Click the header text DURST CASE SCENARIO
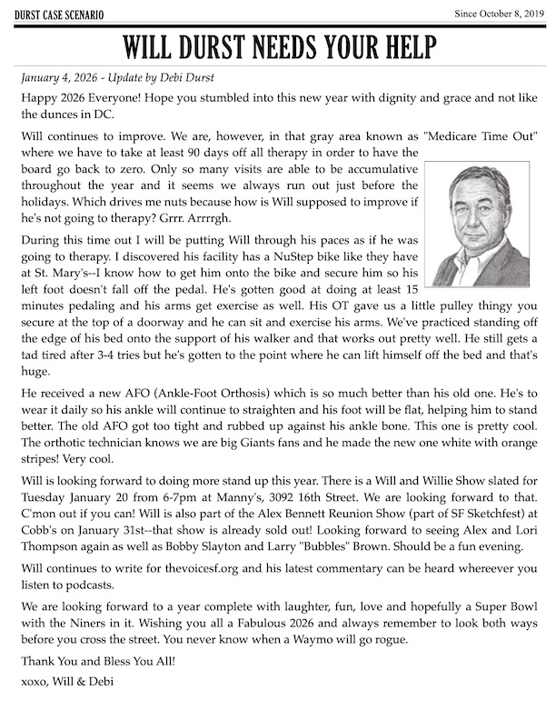tap(57, 15)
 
